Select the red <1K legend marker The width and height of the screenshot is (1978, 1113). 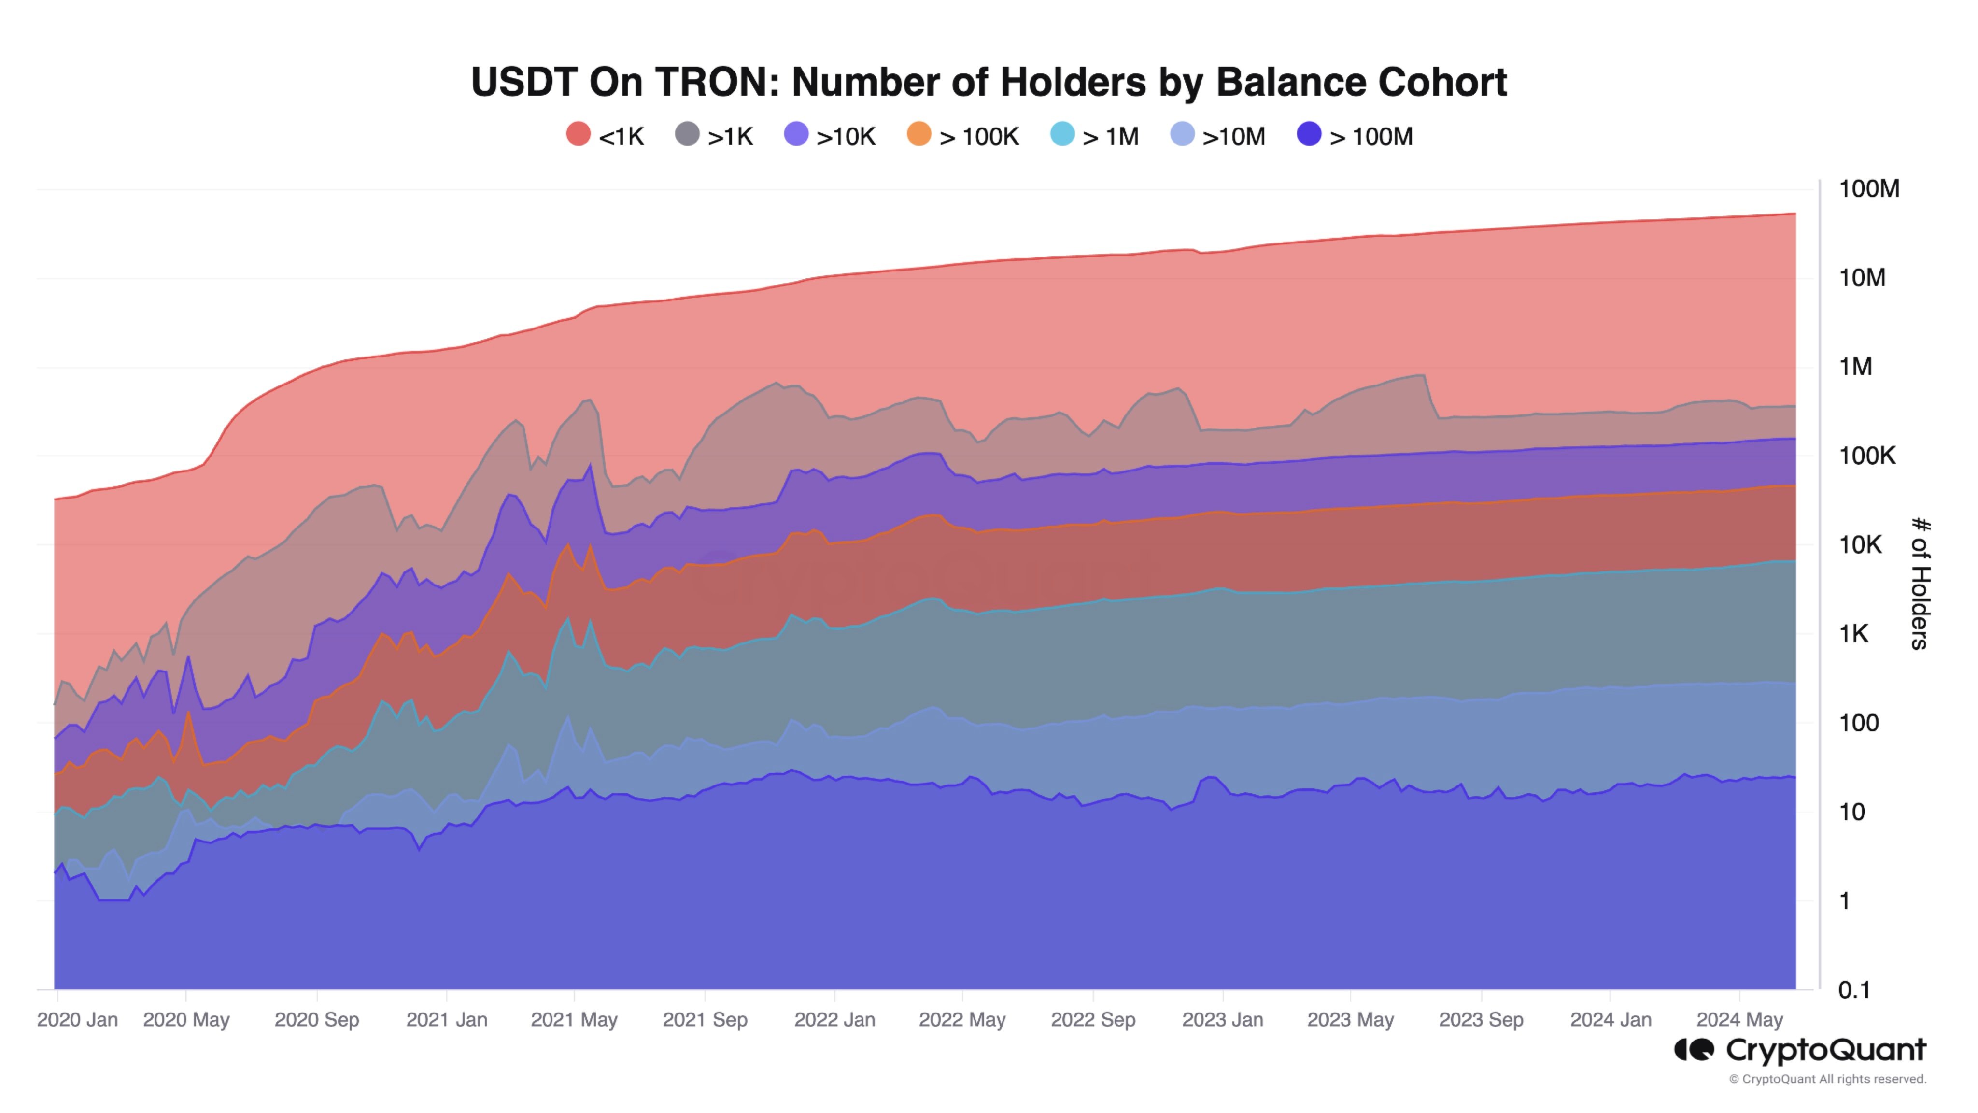pos(578,134)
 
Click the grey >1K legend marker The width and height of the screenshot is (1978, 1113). pos(687,134)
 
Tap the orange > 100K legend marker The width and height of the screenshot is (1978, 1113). pos(919,134)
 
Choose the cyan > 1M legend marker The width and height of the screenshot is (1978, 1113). pos(1062,134)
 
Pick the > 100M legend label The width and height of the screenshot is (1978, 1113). pos(1370,137)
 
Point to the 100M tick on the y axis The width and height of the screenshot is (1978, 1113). pos(1868,189)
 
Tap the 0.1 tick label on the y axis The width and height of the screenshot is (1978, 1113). pos(1853,990)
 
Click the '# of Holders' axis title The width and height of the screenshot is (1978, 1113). pos(1920,584)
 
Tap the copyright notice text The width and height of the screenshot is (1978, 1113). pos(1827,1079)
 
